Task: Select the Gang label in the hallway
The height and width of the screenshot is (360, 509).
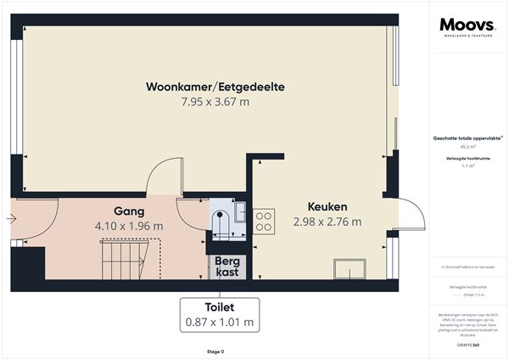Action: (129, 211)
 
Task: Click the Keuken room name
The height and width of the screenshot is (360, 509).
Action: (327, 206)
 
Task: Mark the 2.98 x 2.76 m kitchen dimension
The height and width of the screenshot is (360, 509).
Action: (327, 222)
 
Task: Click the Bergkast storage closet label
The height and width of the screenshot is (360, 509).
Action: (227, 267)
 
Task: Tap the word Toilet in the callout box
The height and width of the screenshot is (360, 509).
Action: (220, 307)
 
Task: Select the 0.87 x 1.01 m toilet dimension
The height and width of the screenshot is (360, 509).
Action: (220, 322)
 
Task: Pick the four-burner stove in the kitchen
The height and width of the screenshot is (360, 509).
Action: (264, 221)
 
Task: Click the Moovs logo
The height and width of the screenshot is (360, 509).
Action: (467, 27)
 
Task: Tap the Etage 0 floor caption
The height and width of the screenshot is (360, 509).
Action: (215, 351)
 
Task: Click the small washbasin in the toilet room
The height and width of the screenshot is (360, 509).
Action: (241, 209)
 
